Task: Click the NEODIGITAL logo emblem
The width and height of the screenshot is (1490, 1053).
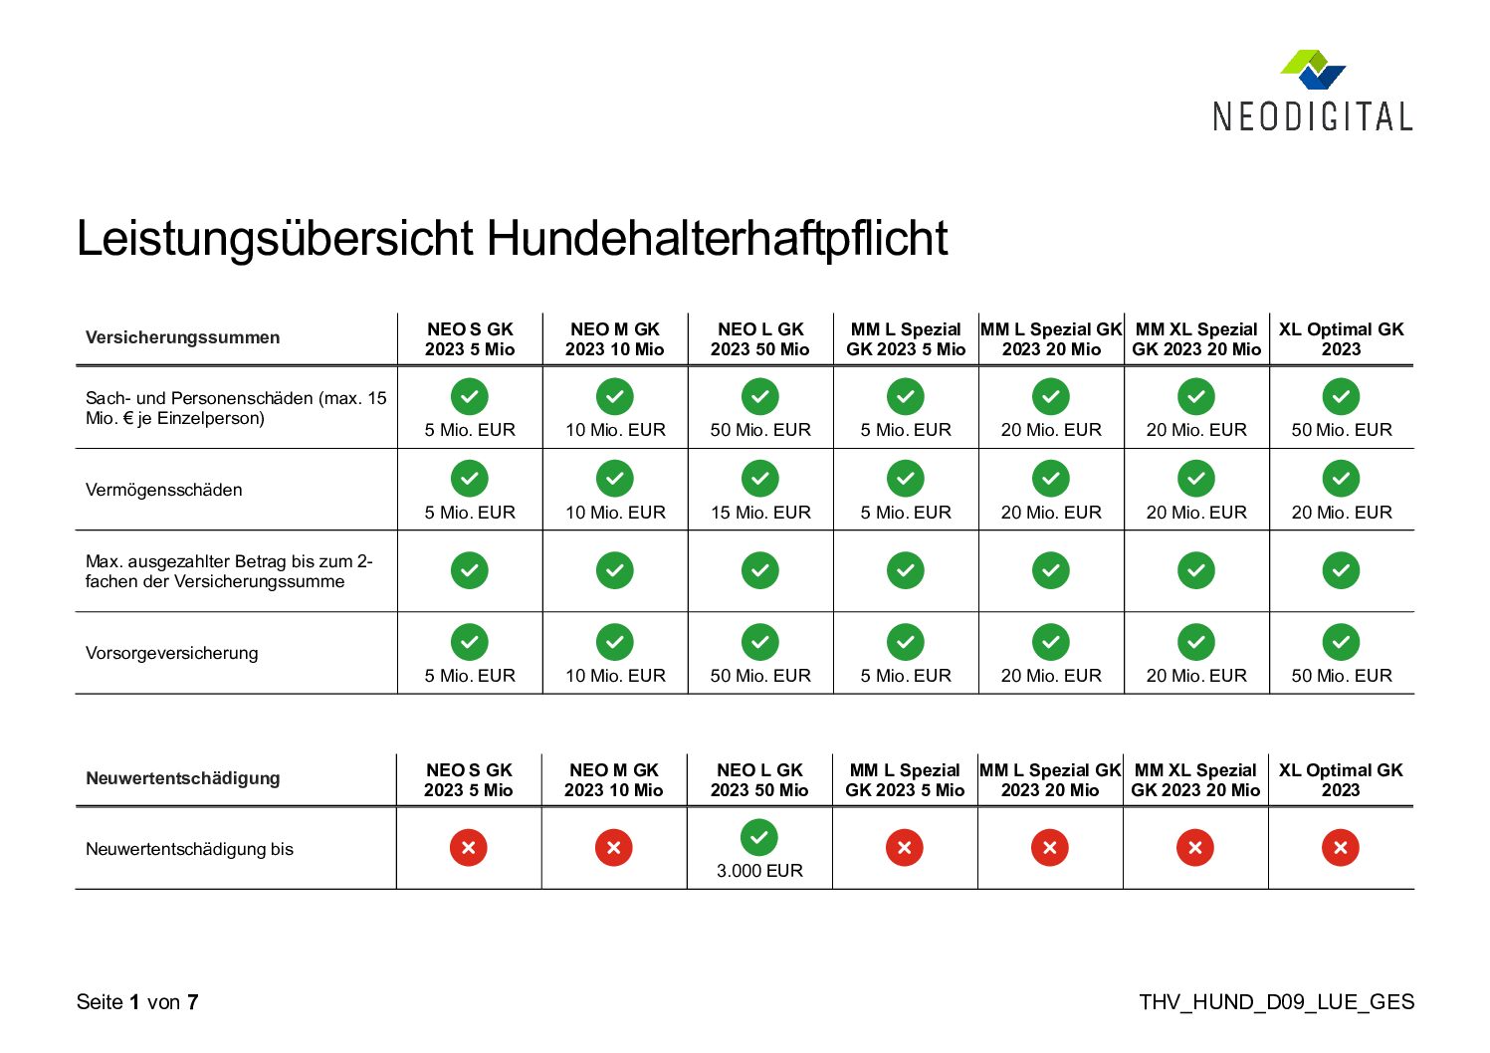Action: (1313, 70)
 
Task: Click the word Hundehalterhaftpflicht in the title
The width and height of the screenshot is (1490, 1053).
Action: (717, 238)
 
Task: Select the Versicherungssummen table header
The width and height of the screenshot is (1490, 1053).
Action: (182, 337)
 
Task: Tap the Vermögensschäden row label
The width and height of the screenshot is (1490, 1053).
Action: (163, 490)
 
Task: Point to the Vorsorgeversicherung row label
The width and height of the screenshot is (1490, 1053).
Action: (171, 653)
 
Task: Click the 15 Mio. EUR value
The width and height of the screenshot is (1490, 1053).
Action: (760, 513)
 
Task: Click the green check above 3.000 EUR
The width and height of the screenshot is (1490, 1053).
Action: (759, 837)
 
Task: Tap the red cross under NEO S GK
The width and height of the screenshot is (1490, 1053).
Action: (468, 847)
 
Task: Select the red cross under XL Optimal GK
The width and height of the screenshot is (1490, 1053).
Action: (1341, 847)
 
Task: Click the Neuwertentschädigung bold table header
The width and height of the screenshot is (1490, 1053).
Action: (183, 777)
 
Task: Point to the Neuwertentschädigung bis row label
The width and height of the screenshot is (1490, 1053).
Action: (189, 849)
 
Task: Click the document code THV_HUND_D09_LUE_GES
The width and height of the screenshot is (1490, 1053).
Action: (1276, 1002)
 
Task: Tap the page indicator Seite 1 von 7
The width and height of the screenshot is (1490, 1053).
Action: (137, 1002)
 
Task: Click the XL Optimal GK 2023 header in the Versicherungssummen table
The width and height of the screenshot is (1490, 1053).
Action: (1341, 339)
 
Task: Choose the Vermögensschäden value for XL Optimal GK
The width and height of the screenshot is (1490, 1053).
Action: (1342, 513)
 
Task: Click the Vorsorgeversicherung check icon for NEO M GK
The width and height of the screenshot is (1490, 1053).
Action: (615, 642)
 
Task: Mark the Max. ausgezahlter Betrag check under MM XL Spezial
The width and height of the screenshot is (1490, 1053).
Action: (1196, 570)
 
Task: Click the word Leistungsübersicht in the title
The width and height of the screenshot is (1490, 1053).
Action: (275, 238)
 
